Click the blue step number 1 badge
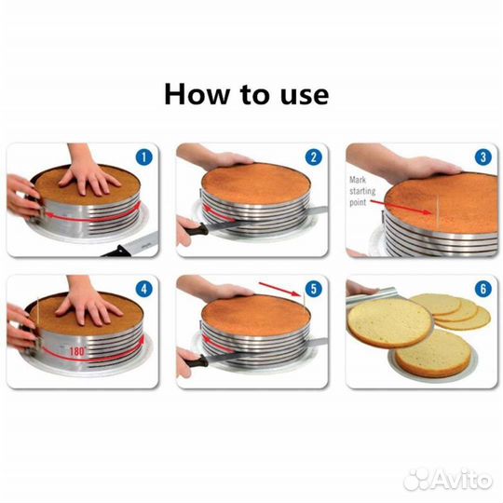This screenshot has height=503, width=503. pyautogui.click(x=143, y=157)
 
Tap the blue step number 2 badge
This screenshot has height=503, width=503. pyautogui.click(x=313, y=157)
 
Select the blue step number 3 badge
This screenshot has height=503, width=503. pyautogui.click(x=483, y=157)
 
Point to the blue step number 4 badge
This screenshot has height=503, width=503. pyautogui.click(x=143, y=289)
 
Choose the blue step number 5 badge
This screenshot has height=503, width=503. pyautogui.click(x=313, y=289)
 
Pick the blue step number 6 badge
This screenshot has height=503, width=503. pyautogui.click(x=483, y=289)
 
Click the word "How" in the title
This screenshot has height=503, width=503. pyautogui.click(x=197, y=94)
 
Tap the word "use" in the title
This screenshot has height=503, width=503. pyautogui.click(x=305, y=97)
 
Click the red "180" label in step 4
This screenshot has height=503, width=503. pyautogui.click(x=77, y=351)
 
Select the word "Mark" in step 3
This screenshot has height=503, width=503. pyautogui.click(x=358, y=180)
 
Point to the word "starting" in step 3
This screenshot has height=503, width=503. pyautogui.click(x=362, y=192)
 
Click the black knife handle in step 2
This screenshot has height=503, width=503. pyautogui.click(x=197, y=230)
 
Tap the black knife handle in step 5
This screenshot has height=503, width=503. pyautogui.click(x=197, y=361)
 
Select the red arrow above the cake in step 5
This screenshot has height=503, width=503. pyautogui.click(x=279, y=290)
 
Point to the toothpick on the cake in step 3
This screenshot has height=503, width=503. pyautogui.click(x=437, y=211)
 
